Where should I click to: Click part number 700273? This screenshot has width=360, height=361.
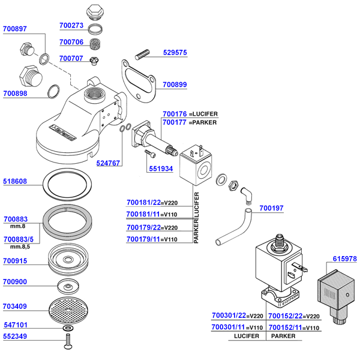[x=71, y=26]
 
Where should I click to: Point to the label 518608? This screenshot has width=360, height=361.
[x=15, y=180]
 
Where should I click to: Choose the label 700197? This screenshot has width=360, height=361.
[x=272, y=209]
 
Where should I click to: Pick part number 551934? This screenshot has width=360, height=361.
[x=161, y=169]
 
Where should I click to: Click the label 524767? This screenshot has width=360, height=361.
[x=108, y=163]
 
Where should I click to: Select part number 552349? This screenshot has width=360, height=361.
[x=15, y=336]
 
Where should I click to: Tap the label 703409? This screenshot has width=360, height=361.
[x=15, y=306]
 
